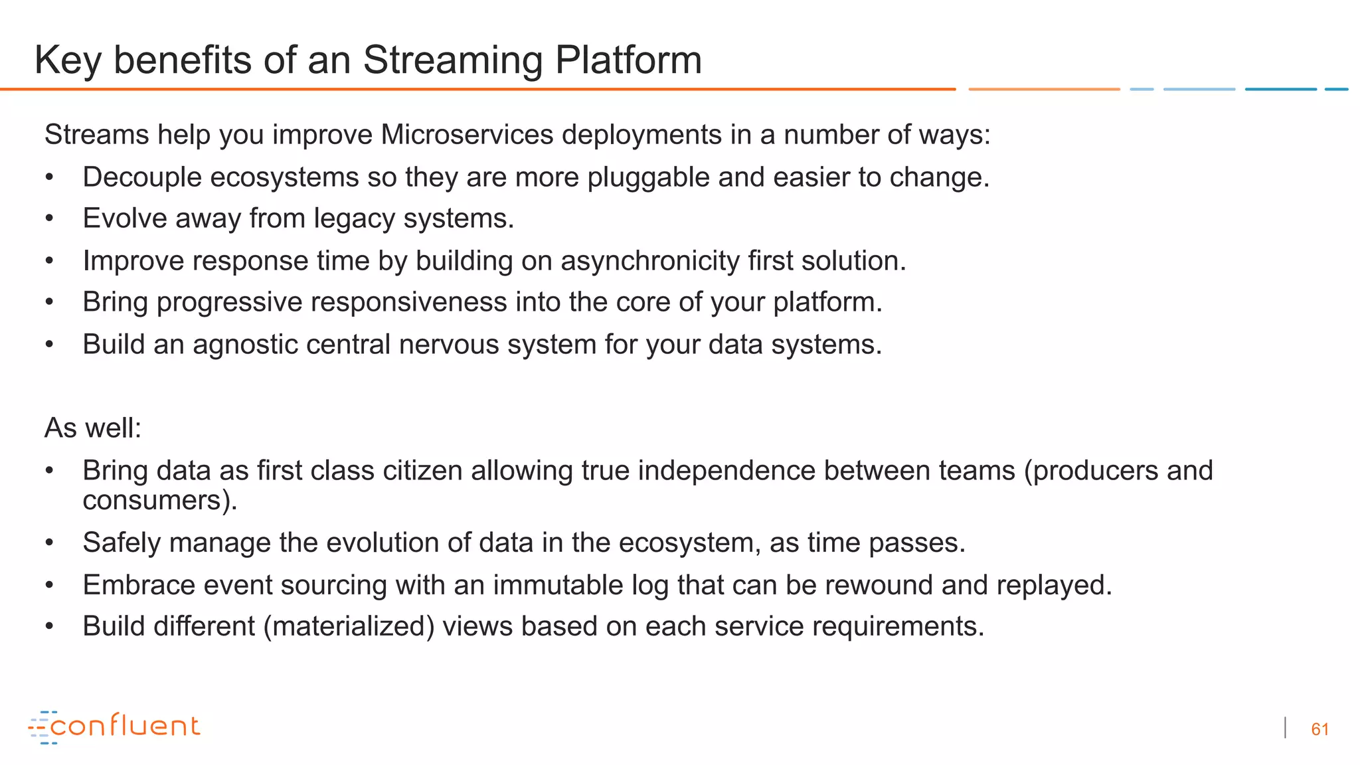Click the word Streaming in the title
[x=452, y=60]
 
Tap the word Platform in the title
[x=628, y=60]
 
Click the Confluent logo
[x=114, y=727]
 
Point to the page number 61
[x=1319, y=729]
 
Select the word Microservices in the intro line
[x=467, y=135]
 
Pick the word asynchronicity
[x=649, y=261]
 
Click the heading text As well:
[x=93, y=428]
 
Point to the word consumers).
[x=160, y=501]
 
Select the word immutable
[x=558, y=585]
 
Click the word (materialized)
[x=349, y=627]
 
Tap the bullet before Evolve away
[x=49, y=219]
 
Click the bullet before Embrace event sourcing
[x=49, y=586]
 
